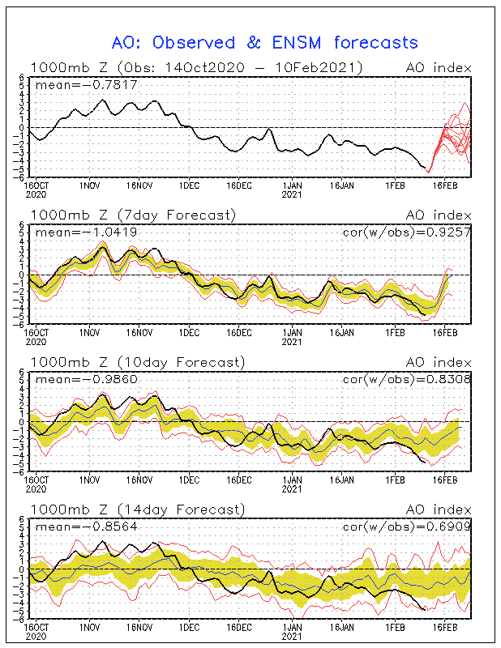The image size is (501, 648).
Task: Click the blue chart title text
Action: [x=264, y=42]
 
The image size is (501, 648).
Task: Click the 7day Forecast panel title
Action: [x=134, y=215]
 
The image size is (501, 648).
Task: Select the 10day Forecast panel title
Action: [x=137, y=362]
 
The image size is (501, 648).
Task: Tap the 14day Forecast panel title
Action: [x=137, y=509]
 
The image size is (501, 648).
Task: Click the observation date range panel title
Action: [x=196, y=67]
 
